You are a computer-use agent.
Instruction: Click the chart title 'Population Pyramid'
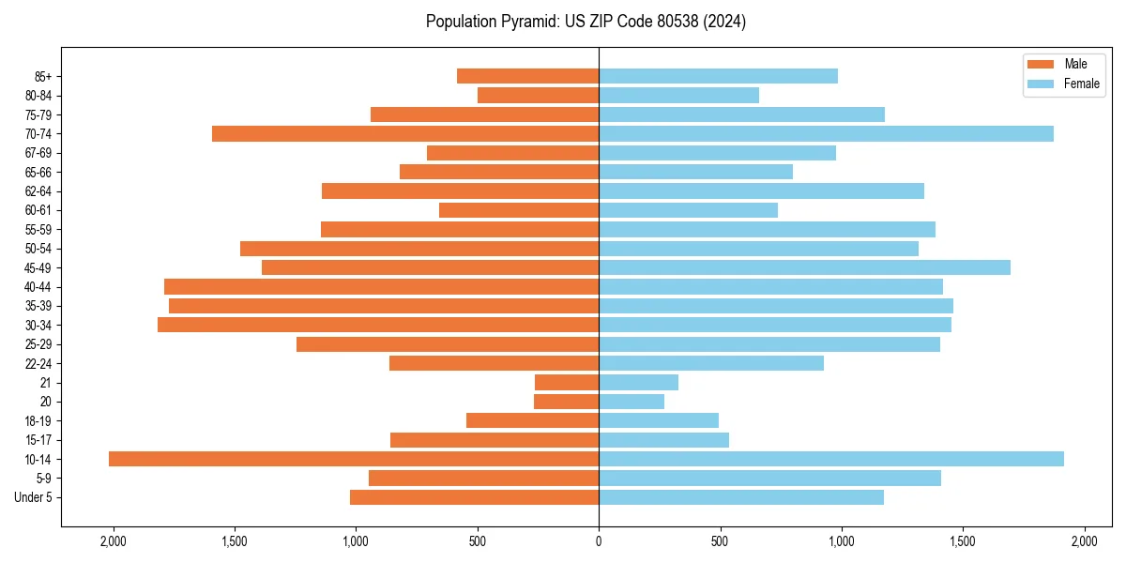point(586,22)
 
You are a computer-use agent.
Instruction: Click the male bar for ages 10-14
point(354,459)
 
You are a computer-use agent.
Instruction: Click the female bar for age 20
point(631,402)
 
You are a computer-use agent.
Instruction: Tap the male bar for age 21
point(567,382)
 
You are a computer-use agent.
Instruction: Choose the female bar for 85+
point(718,76)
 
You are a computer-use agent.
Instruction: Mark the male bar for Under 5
point(474,497)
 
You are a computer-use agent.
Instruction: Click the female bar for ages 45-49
point(804,267)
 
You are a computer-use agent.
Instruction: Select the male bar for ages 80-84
point(538,95)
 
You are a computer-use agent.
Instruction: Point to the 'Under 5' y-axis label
point(34,497)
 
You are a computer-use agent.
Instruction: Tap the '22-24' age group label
point(38,363)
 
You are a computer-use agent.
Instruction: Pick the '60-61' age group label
point(38,210)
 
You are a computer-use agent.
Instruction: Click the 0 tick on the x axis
point(599,541)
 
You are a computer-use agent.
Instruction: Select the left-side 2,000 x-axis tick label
point(113,541)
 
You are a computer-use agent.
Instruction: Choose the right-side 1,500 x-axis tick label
point(963,541)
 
